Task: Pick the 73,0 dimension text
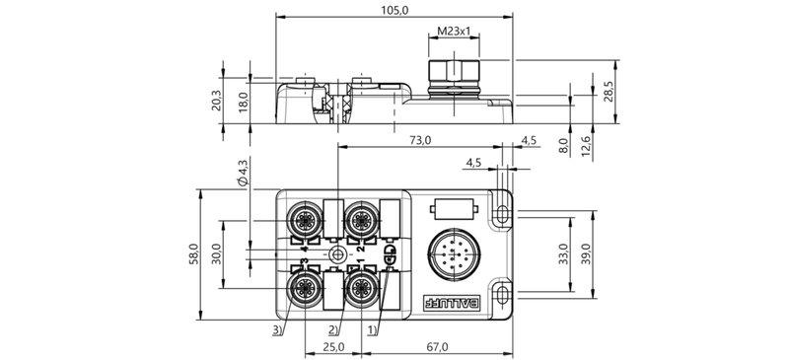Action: [x=420, y=141]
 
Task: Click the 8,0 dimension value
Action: [x=562, y=145]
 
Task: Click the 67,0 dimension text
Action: [x=436, y=347]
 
